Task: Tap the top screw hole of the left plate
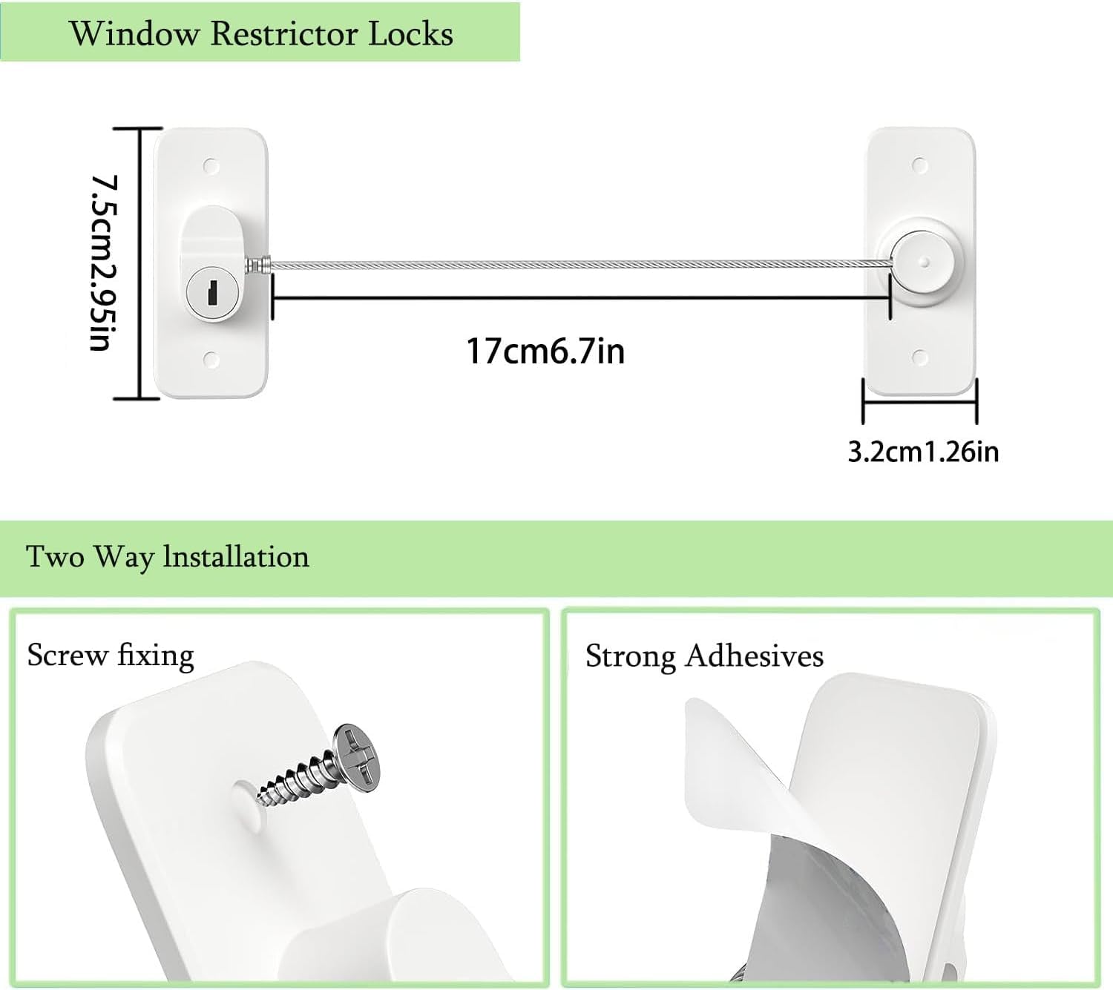(x=211, y=166)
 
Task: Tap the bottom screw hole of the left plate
(x=211, y=360)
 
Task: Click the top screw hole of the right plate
(x=920, y=165)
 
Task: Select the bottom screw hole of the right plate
(x=920, y=357)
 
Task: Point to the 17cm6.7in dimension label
(x=545, y=351)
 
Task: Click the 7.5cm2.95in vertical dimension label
(x=105, y=263)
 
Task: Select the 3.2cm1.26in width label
(x=923, y=452)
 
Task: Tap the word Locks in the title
(x=410, y=34)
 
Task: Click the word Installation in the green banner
(x=236, y=557)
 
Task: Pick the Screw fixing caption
(x=111, y=656)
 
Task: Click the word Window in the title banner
(x=134, y=34)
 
